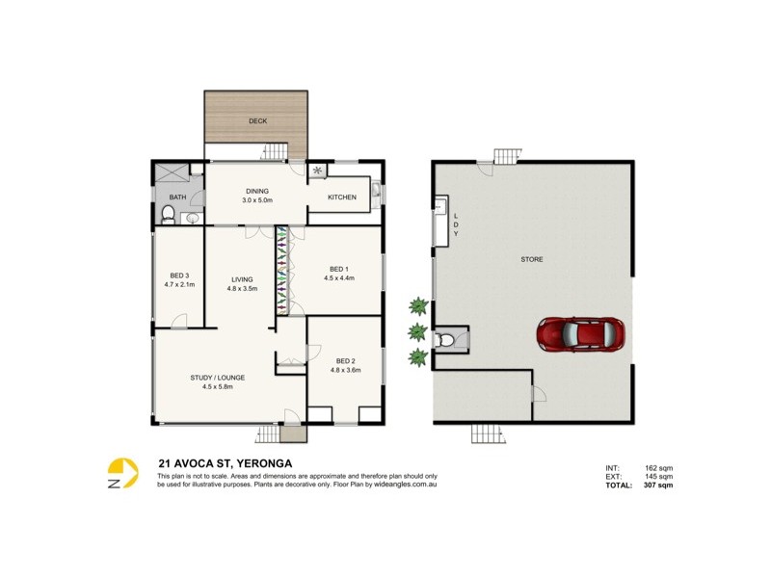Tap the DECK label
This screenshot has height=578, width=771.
[257, 121]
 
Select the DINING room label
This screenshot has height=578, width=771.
[257, 191]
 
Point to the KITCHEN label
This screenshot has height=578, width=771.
[342, 197]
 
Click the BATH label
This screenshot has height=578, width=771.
[177, 197]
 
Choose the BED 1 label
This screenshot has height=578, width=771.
[339, 269]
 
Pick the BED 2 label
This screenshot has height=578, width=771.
[345, 360]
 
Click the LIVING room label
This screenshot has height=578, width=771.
[242, 279]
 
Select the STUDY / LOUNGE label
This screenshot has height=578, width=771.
[218, 378]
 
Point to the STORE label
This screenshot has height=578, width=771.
[532, 259]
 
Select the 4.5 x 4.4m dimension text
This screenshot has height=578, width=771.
[339, 278]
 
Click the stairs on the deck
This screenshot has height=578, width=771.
[277, 150]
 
